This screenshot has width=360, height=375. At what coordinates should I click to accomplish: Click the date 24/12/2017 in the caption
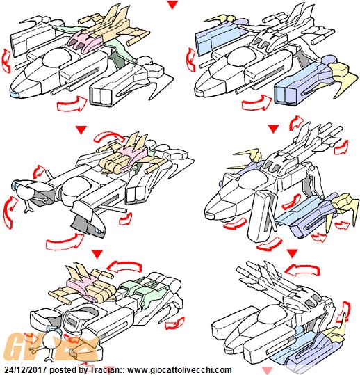click(25, 369)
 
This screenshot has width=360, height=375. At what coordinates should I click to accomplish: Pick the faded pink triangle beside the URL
click(267, 370)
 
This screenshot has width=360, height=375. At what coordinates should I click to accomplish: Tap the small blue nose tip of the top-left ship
click(15, 94)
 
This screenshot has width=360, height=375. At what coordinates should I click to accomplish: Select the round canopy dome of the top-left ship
click(57, 58)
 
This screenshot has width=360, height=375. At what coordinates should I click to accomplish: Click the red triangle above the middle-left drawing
click(81, 129)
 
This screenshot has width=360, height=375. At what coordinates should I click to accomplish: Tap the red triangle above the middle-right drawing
click(273, 129)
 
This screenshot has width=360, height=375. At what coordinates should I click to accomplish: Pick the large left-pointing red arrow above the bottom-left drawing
click(124, 266)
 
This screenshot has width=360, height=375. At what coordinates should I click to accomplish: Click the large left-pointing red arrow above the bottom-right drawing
click(302, 269)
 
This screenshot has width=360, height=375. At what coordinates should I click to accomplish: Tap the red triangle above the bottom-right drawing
click(293, 253)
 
